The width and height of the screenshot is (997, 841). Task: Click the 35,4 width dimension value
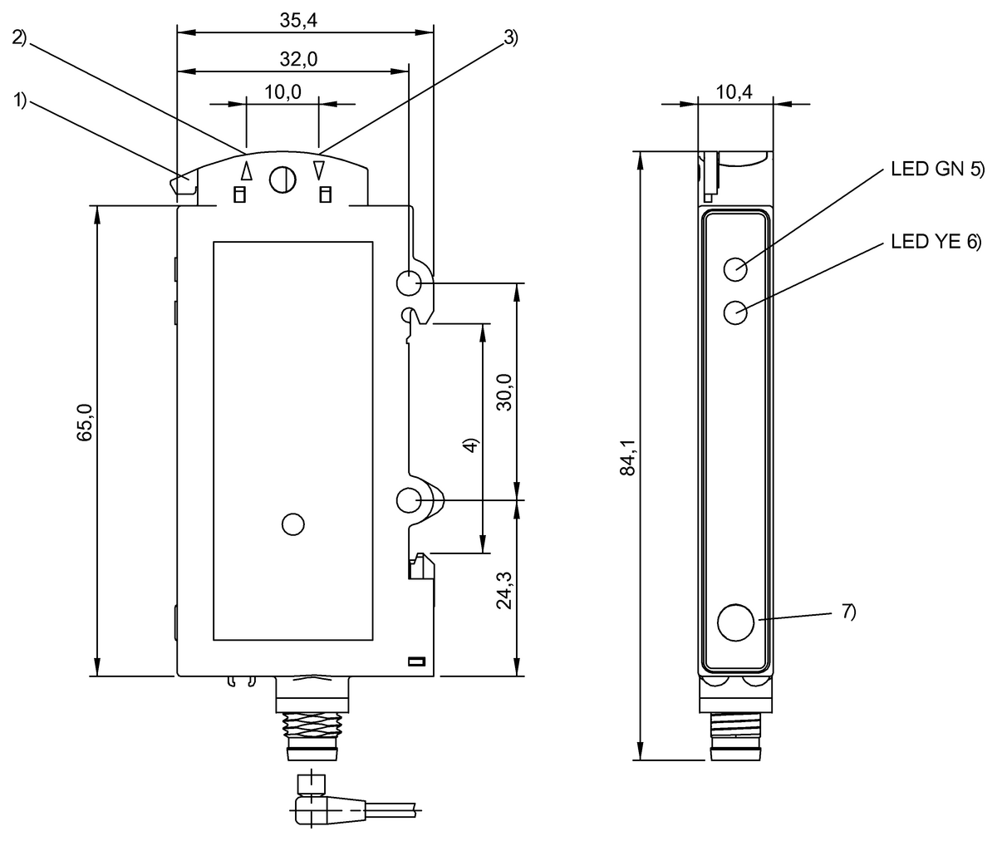tap(298, 21)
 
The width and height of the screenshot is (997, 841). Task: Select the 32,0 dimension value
tap(298, 59)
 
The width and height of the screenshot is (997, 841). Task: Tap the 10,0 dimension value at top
tap(282, 91)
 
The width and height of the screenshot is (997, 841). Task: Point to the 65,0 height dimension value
tap(85, 422)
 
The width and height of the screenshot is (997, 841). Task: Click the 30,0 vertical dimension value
tap(504, 392)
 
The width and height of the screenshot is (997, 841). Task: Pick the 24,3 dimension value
tap(504, 590)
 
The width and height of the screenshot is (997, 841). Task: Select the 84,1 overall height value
tap(628, 457)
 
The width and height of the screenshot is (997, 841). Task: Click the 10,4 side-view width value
tap(734, 91)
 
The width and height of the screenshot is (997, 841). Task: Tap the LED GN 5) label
tap(937, 169)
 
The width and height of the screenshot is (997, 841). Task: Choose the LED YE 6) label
tap(936, 242)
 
